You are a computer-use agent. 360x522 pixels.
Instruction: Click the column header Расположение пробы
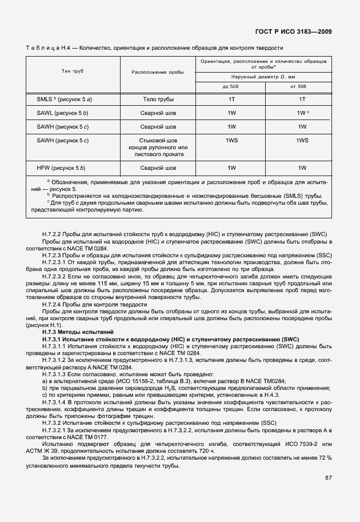158,72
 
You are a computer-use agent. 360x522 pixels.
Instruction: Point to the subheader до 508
231,86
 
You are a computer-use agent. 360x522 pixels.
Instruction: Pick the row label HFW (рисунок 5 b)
61,168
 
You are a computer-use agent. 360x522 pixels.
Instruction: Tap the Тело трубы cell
158,99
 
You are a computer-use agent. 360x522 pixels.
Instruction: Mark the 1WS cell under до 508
231,140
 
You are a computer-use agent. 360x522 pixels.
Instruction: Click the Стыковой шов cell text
158,140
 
